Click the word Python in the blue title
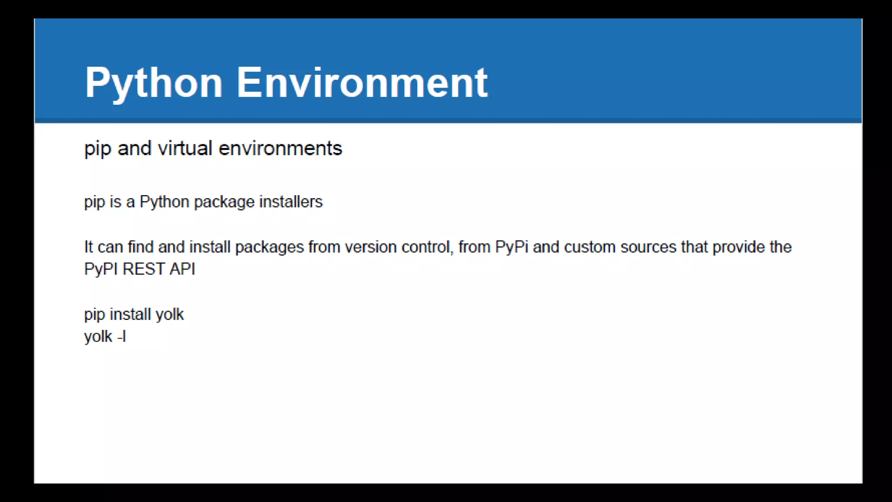[154, 83]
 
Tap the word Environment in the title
[362, 83]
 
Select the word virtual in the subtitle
[185, 148]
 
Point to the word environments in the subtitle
[280, 148]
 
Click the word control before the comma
[426, 247]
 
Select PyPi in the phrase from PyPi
[512, 247]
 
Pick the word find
[140, 247]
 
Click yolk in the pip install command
[169, 314]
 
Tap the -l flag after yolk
[122, 336]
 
